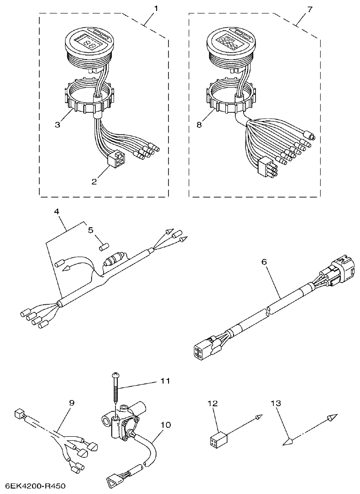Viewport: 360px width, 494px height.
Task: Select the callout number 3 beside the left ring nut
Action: coord(57,125)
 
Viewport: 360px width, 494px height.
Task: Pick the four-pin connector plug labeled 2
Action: coord(114,160)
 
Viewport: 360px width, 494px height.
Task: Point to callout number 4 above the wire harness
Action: coord(57,212)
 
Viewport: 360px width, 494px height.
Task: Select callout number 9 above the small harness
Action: coord(71,403)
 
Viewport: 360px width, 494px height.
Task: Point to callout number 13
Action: coord(275,403)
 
